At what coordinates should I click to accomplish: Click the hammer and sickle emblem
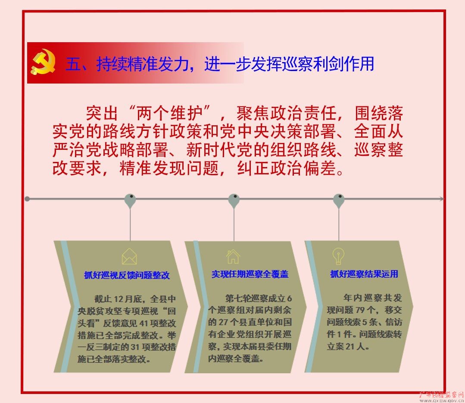pyautogui.click(x=43, y=62)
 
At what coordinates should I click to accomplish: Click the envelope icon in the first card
pyautogui.click(x=129, y=257)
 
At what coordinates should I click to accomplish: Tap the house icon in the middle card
pyautogui.click(x=233, y=256)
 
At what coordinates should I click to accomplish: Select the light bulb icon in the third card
pyautogui.click(x=338, y=256)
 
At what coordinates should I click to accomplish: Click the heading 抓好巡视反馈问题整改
pyautogui.click(x=127, y=275)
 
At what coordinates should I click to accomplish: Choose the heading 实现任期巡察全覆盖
pyautogui.click(x=250, y=274)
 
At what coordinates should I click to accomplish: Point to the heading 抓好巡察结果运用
pyautogui.click(x=364, y=274)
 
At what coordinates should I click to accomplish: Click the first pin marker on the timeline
pyautogui.click(x=130, y=201)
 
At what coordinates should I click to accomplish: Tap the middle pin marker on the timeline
pyautogui.click(x=234, y=201)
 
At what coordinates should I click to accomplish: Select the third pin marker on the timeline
pyautogui.click(x=339, y=201)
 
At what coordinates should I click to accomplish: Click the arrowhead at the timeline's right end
pyautogui.click(x=441, y=199)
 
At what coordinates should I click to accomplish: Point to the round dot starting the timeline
pyautogui.click(x=27, y=199)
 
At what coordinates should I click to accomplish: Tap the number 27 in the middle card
pyautogui.click(x=223, y=322)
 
